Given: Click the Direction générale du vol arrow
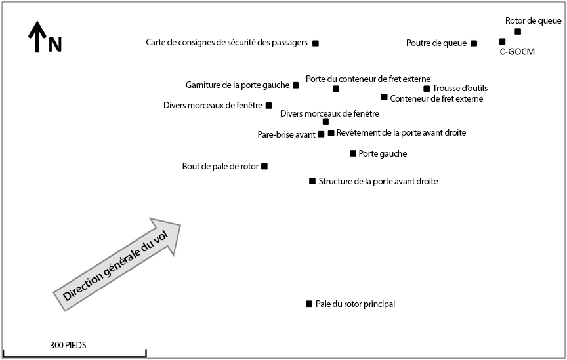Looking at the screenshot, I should tap(117, 260).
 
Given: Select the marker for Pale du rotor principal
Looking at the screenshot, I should tap(309, 304).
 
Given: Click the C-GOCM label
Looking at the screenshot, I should tap(513, 52).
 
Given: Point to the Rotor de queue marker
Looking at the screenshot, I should tap(518, 31).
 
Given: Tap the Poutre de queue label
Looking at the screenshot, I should tap(436, 43).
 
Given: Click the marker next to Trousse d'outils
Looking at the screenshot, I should tap(427, 89).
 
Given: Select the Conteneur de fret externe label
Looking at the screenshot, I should tap(436, 99).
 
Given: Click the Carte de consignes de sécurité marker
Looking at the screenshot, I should tap(316, 43).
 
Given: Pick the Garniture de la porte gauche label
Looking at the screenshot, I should tap(238, 85).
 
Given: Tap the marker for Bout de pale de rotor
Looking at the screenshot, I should tap(264, 167).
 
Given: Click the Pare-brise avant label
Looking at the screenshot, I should tap(286, 135).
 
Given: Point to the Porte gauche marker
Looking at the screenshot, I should tap(353, 153).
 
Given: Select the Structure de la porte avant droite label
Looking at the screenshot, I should tap(378, 181).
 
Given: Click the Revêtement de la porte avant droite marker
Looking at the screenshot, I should tap(331, 133).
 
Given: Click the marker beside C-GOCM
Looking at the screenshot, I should tap(502, 41).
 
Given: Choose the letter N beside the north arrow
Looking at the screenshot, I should tap(55, 45).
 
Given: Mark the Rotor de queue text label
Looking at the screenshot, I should tap(533, 21).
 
